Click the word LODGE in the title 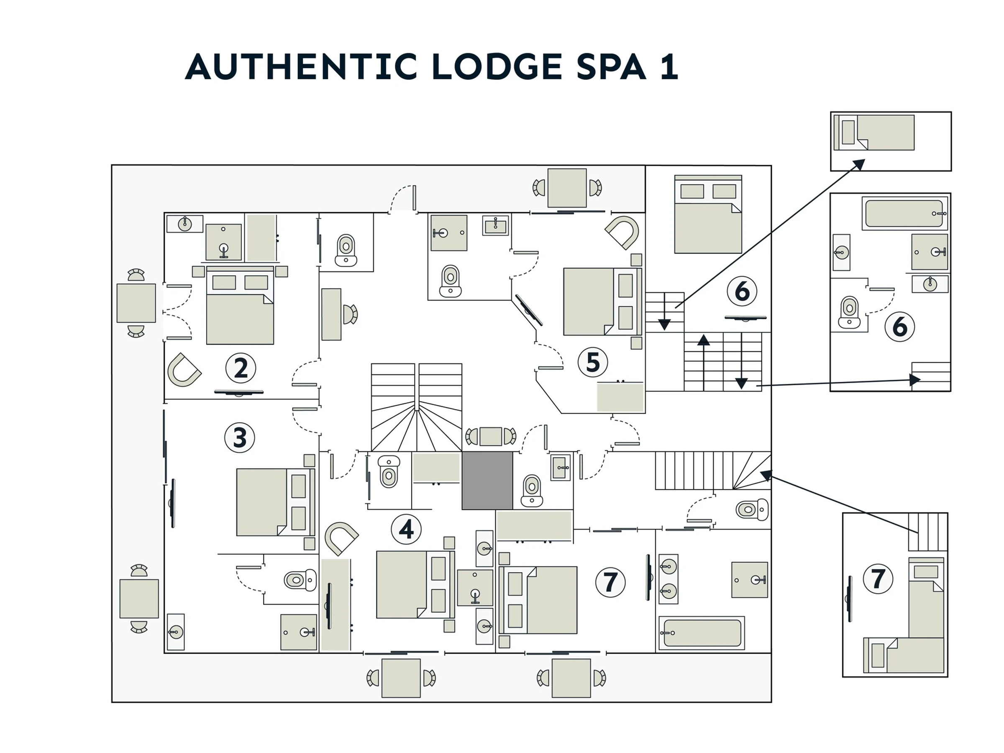pyautogui.click(x=497, y=67)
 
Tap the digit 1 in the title pyautogui.click(x=669, y=67)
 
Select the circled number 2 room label pyautogui.click(x=241, y=368)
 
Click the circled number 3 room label pyautogui.click(x=240, y=438)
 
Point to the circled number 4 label pyautogui.click(x=406, y=529)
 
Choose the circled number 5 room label pyautogui.click(x=593, y=362)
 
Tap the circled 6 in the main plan pyautogui.click(x=742, y=291)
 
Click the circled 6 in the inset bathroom pyautogui.click(x=899, y=326)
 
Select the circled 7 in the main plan pyautogui.click(x=610, y=582)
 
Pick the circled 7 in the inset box pyautogui.click(x=878, y=579)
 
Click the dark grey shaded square pyautogui.click(x=487, y=481)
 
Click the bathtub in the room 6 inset pyautogui.click(x=905, y=213)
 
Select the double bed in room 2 pyautogui.click(x=240, y=305)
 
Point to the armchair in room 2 pyautogui.click(x=184, y=369)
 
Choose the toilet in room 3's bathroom pyautogui.click(x=300, y=580)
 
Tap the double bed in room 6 pyautogui.click(x=708, y=214)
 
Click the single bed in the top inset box pyautogui.click(x=874, y=133)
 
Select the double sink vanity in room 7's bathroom pyautogui.click(x=668, y=579)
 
